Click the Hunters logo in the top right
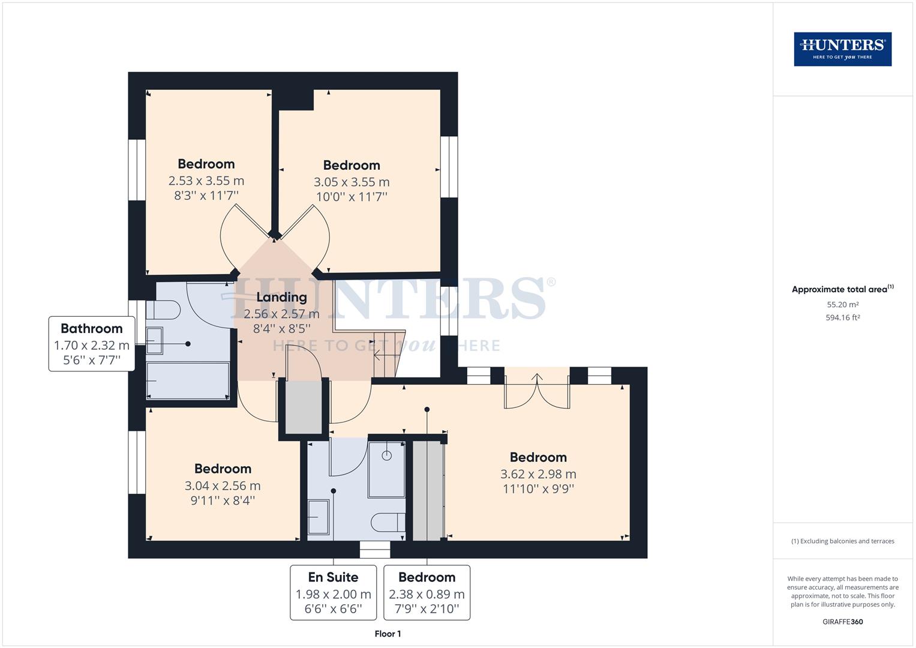coord(842,49)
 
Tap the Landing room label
coord(281,297)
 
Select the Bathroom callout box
coord(92,344)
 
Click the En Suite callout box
coord(333,592)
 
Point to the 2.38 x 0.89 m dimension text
coord(427,595)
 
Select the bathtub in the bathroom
coord(188,380)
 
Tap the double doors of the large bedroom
coord(537,390)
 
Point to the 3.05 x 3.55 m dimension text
coord(352,182)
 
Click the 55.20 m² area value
coord(842,305)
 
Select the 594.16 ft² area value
coord(842,318)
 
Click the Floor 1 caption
coord(388,634)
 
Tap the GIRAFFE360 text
coord(842,622)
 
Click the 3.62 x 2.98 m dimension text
coord(538,474)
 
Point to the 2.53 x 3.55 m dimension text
coord(206,181)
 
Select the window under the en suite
coord(375,550)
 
